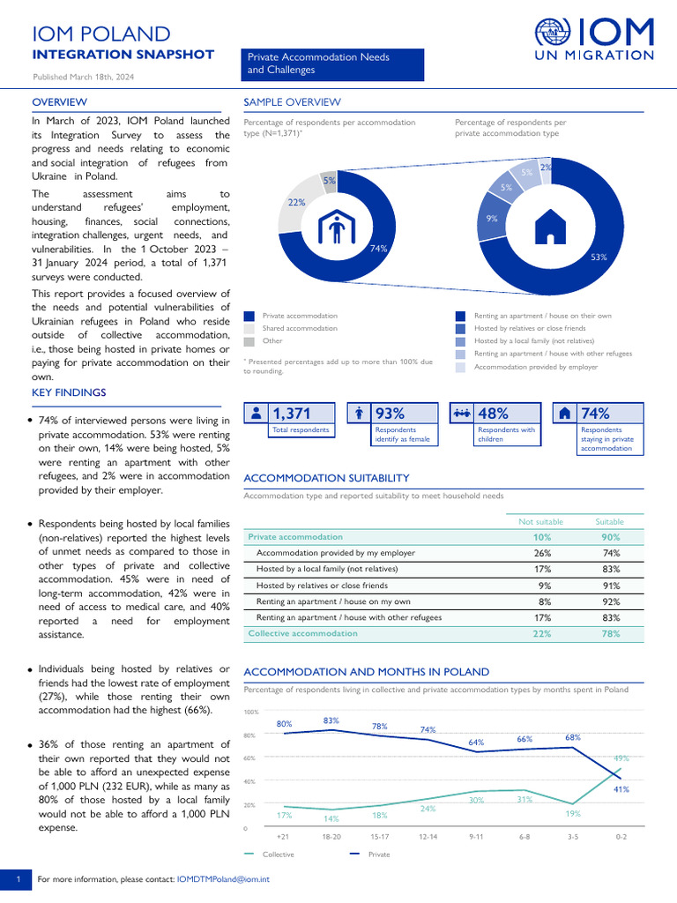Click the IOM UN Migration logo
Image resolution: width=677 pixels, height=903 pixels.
coord(594,40)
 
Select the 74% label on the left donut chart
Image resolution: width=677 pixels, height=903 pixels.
coord(378,249)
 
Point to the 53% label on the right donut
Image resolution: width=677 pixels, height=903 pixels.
coord(599,257)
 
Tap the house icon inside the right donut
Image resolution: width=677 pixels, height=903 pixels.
coord(551,226)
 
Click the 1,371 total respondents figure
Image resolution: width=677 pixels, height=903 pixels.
coord(292,414)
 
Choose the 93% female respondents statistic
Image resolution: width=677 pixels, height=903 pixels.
coord(391,414)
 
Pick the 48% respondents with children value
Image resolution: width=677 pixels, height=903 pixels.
coord(493,414)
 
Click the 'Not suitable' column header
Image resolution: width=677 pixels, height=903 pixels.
coord(542,521)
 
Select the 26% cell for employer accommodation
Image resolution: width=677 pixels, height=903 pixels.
coord(544,553)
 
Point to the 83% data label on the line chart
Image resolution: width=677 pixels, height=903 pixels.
coord(331,720)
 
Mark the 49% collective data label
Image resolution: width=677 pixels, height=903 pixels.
coord(621,758)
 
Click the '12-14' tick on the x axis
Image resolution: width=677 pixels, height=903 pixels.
coord(428,835)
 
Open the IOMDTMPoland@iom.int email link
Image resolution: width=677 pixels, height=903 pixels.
coord(223,879)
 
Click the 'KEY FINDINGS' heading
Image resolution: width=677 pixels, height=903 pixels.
coord(69,392)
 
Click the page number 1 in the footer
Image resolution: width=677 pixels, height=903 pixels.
coord(17,879)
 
